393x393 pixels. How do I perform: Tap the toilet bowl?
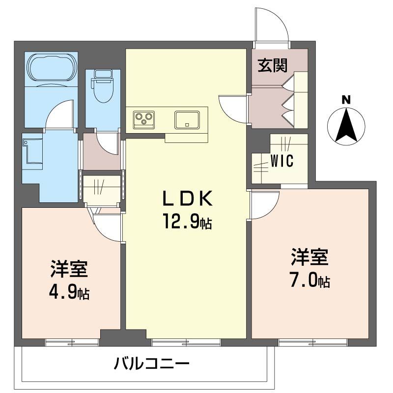click(x=103, y=86)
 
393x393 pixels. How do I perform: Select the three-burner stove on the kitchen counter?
click(x=143, y=120)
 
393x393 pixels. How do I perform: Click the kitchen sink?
click(x=187, y=120)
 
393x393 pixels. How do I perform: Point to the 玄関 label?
click(x=273, y=66)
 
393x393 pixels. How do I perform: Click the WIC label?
click(x=282, y=161)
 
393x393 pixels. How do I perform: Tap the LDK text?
click(x=188, y=198)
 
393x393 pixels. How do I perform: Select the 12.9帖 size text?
click(x=188, y=221)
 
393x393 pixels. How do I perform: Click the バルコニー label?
click(x=151, y=364)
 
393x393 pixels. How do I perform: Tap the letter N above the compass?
click(x=346, y=100)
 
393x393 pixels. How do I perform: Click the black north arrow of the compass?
click(x=346, y=125)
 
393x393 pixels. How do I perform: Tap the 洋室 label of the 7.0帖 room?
click(x=310, y=257)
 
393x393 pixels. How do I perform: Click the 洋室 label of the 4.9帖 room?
click(x=69, y=269)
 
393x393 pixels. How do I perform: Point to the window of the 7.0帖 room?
click(x=313, y=342)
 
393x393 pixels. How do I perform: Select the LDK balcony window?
click(x=186, y=342)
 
